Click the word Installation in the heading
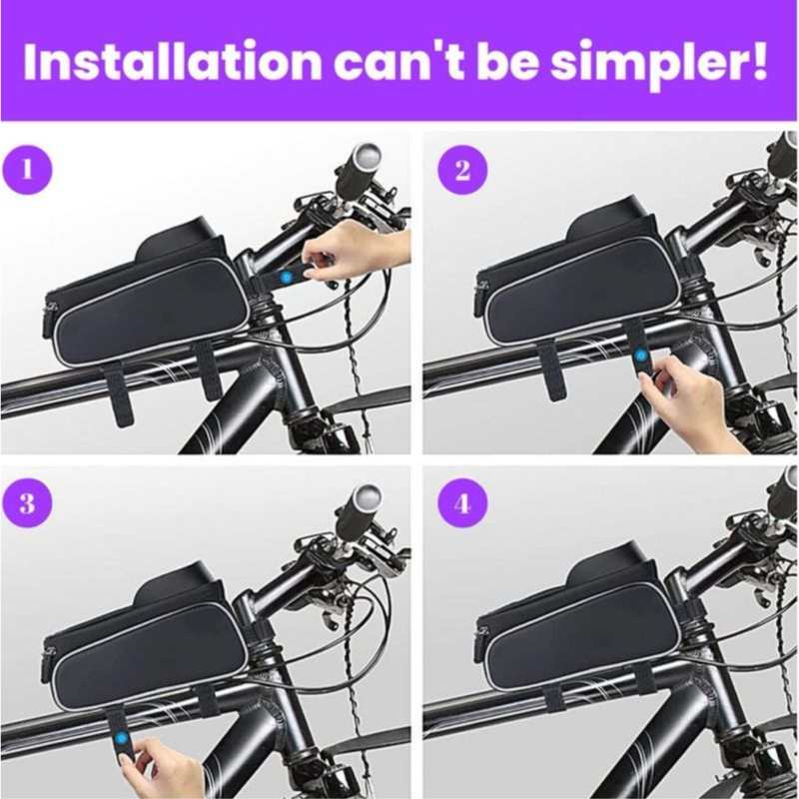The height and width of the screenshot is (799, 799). (x=172, y=62)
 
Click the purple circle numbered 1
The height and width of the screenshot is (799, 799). (x=28, y=169)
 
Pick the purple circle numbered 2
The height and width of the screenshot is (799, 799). (x=462, y=170)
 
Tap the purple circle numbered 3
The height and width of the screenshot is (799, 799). (x=28, y=503)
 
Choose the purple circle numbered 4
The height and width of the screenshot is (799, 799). (x=462, y=503)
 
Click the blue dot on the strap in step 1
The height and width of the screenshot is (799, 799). (x=286, y=278)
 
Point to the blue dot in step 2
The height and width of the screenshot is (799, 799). (x=640, y=355)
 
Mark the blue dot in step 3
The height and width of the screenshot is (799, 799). (x=121, y=738)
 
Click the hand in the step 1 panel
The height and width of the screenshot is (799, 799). (x=357, y=250)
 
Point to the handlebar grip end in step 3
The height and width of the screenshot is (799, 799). (x=367, y=495)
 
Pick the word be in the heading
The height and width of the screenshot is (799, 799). (x=507, y=62)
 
